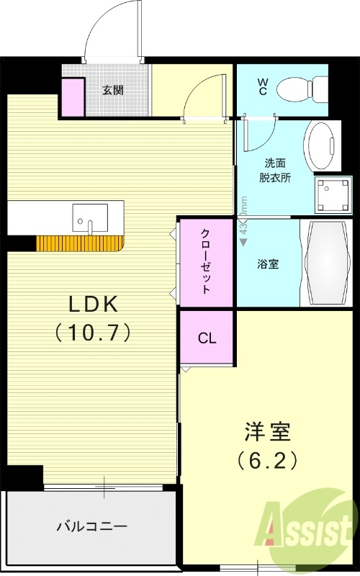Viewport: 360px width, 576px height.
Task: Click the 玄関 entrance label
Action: coord(112,90)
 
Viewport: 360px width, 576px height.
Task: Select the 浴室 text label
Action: coord(269,264)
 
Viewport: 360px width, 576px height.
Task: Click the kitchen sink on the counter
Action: coord(90,217)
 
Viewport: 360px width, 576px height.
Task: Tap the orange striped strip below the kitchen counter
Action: coord(79,243)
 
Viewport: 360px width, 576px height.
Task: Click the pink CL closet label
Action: coord(207,337)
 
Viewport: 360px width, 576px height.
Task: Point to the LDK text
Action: coord(94,305)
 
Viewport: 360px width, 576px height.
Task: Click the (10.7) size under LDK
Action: coord(94,333)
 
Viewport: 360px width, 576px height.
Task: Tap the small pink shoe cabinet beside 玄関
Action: coord(72,96)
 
